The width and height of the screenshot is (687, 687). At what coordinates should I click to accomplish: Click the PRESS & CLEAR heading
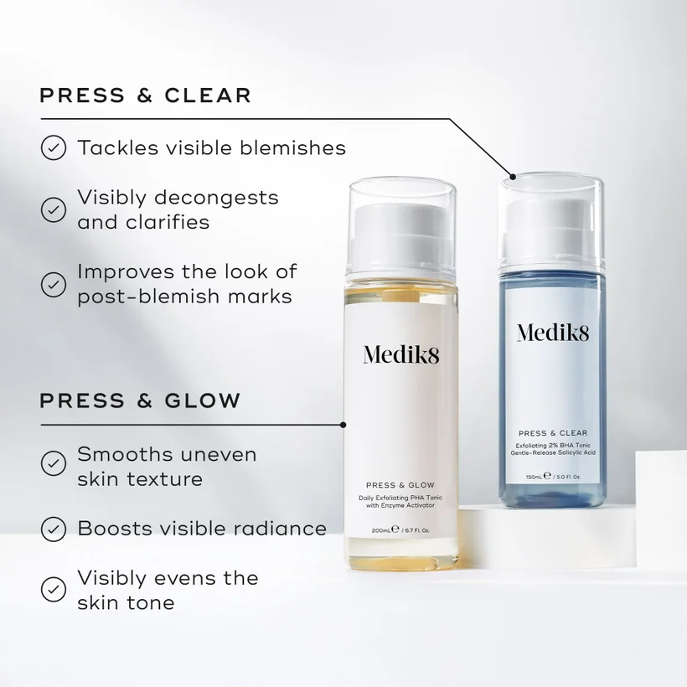pos(146,96)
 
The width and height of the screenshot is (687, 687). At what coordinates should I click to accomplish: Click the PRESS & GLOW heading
pos(140,400)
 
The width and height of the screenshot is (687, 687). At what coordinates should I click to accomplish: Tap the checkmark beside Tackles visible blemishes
pos(54,147)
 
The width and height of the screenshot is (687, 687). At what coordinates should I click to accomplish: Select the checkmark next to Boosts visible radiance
pos(54,529)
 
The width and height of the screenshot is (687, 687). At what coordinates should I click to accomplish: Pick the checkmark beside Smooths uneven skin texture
pos(54,463)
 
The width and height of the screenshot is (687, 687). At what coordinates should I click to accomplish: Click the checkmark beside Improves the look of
pos(54,284)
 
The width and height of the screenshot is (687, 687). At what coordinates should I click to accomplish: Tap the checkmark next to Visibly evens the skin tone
pos(54,589)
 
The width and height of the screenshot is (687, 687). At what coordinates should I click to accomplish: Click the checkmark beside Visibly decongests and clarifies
pos(54,209)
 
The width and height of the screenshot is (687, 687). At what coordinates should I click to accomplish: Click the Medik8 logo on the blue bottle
pos(553,333)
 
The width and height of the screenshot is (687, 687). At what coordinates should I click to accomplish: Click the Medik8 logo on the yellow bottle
pos(401,354)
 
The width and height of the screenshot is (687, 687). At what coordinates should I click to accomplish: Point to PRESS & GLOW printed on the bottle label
pos(400,485)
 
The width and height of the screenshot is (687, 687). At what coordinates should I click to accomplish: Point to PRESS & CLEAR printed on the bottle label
pos(553,433)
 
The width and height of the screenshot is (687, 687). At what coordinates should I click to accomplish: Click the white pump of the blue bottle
pos(552,230)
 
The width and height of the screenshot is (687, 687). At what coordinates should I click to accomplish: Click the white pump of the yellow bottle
pos(402,236)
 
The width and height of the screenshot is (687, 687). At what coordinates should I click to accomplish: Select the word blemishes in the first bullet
pos(292,147)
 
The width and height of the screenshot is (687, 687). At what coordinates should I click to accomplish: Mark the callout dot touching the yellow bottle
pos(343,425)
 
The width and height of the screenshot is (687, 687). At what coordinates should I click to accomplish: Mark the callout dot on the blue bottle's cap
pos(513,177)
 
